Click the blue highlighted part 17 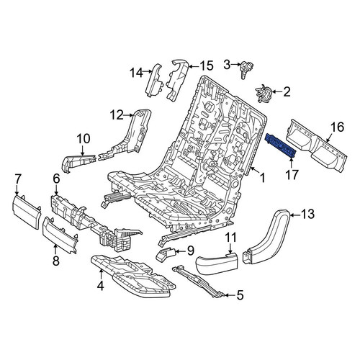pos(280,145)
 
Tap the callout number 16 pos(337,127)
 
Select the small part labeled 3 pos(247,68)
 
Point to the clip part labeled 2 pos(264,93)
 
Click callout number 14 pos(137,73)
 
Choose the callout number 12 pos(117,115)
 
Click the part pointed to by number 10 pos(79,161)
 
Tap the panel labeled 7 pos(27,211)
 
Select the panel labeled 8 pos(60,235)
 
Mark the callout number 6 pos(56,179)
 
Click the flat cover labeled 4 pos(133,276)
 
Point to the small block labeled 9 pos(165,254)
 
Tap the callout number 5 pos(240,295)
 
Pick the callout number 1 pos(263,179)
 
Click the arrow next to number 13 pos(295,215)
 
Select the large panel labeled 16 pos(317,145)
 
